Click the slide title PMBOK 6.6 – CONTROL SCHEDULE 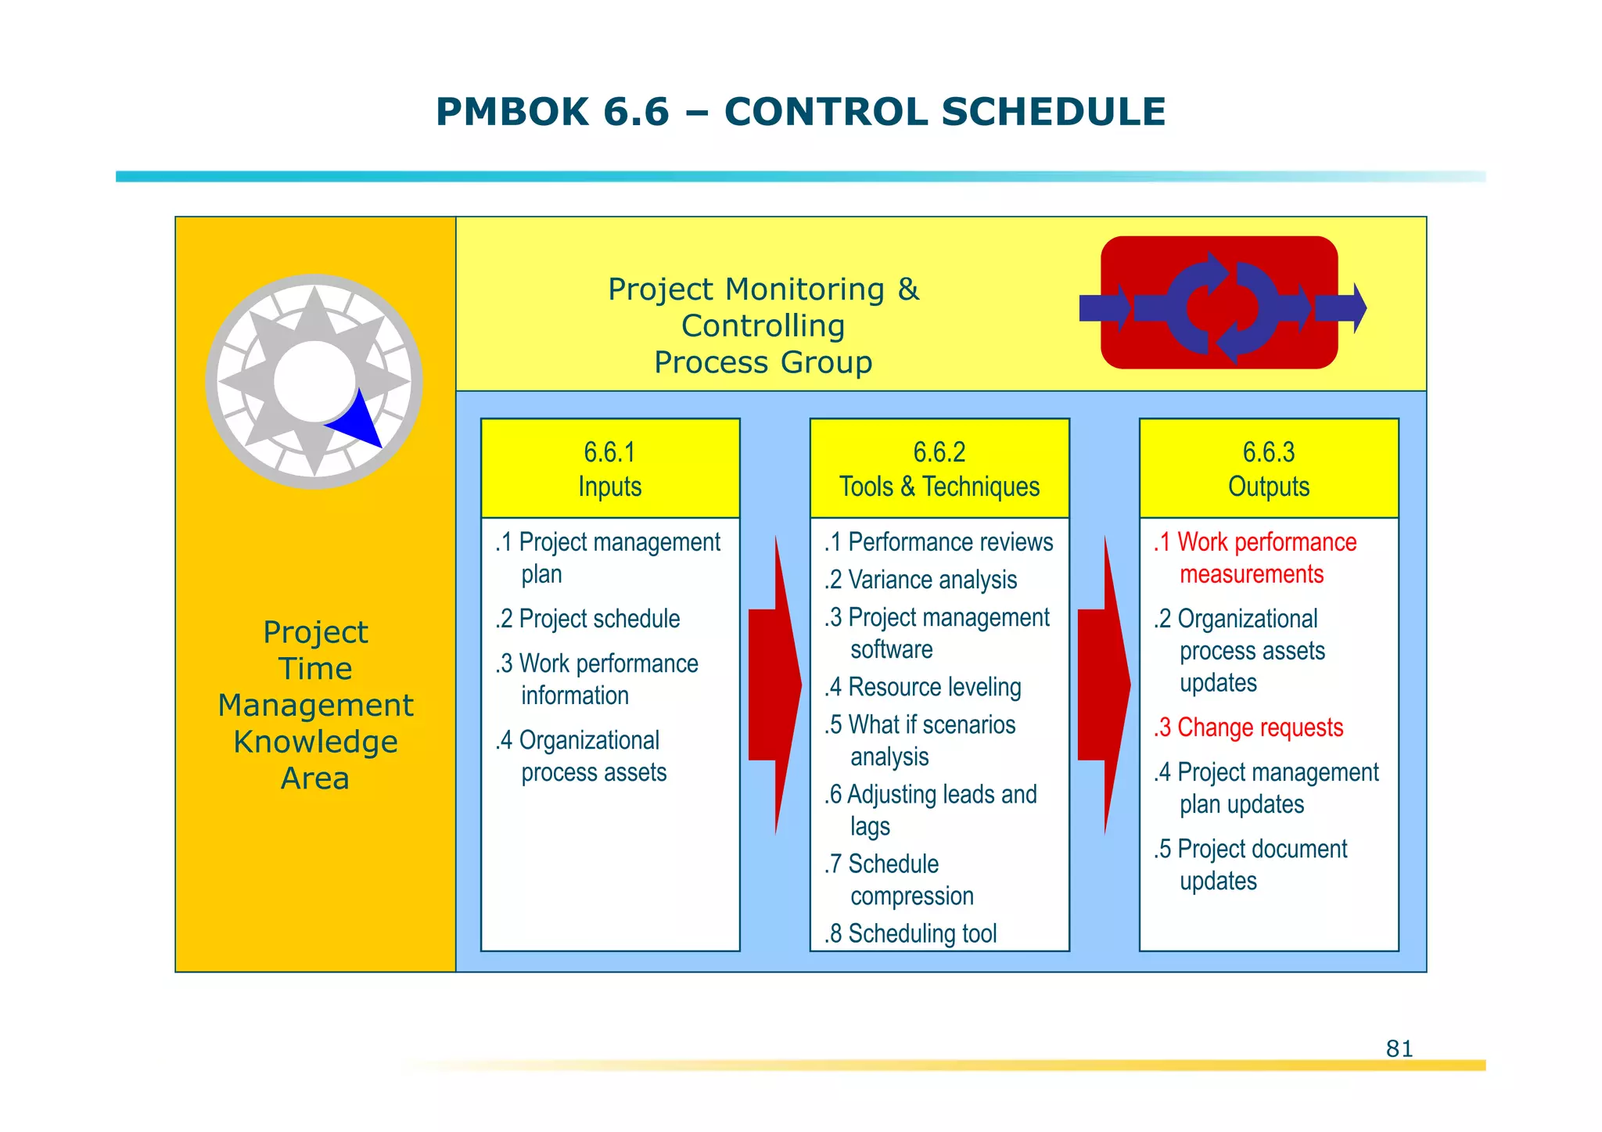point(800,112)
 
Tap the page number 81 point(1399,1048)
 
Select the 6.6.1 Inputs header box point(610,469)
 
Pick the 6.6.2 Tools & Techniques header point(939,469)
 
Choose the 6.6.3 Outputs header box point(1269,469)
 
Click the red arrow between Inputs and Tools point(774,685)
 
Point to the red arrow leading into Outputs point(1104,685)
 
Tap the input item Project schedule point(588,619)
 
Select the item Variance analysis point(921,580)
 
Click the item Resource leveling point(923,687)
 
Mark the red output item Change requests point(1248,728)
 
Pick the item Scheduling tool point(911,933)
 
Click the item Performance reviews point(939,542)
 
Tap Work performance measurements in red point(1255,558)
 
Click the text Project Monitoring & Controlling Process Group point(763,325)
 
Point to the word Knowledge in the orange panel point(315,742)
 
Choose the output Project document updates point(1251,864)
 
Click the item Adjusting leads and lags point(931,810)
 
